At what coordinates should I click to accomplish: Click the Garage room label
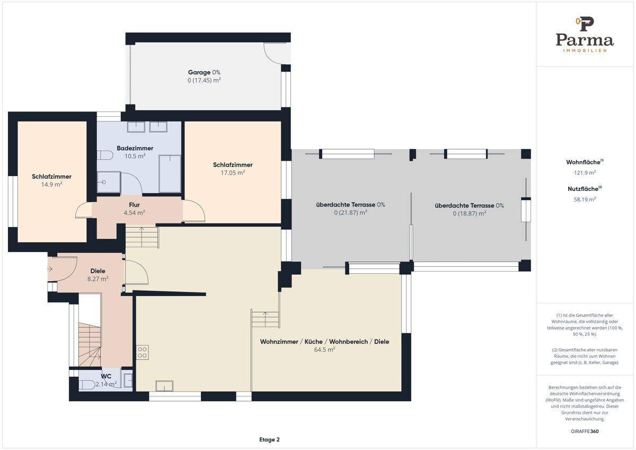tap(199, 73)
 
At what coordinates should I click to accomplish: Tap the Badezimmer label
tap(135, 148)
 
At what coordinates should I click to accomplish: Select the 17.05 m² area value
tap(233, 172)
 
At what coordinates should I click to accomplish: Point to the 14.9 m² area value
tap(52, 184)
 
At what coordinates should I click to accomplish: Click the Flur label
tap(134, 205)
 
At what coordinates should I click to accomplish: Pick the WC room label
tap(106, 376)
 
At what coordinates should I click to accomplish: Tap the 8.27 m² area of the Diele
tap(98, 279)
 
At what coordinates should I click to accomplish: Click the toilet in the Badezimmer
tap(105, 155)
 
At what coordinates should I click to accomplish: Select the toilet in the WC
tap(86, 385)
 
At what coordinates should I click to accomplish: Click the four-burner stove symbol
tap(142, 352)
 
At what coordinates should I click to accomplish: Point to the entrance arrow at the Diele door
tap(50, 269)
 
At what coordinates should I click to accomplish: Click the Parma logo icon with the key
tap(585, 24)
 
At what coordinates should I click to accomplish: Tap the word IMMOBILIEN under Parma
tap(585, 50)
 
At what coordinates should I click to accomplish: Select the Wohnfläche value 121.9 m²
tap(585, 172)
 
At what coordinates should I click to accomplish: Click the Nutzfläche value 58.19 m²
tap(585, 200)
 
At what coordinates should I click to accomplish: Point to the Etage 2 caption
tap(269, 439)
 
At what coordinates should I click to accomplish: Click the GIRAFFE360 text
tap(585, 431)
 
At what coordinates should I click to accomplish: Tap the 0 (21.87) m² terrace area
tap(351, 212)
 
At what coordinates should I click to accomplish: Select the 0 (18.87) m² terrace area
tap(470, 213)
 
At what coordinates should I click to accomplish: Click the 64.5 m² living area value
tap(324, 349)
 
